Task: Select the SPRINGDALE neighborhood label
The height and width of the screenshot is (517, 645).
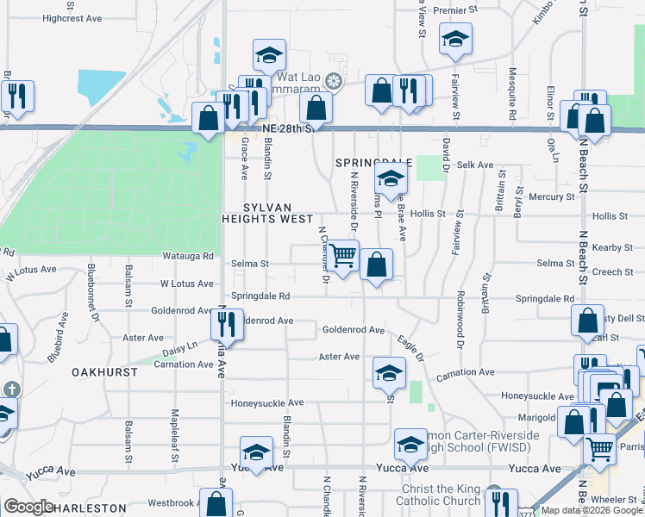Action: tap(372, 162)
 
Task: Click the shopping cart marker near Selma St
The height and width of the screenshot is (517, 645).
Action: tap(343, 256)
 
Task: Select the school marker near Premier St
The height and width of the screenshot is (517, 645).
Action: tap(455, 38)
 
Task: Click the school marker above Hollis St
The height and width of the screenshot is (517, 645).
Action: tap(391, 180)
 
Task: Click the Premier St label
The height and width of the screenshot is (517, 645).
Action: tap(455, 10)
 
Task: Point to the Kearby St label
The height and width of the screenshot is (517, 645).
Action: tap(612, 247)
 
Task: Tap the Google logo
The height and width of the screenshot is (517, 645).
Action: tap(28, 507)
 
